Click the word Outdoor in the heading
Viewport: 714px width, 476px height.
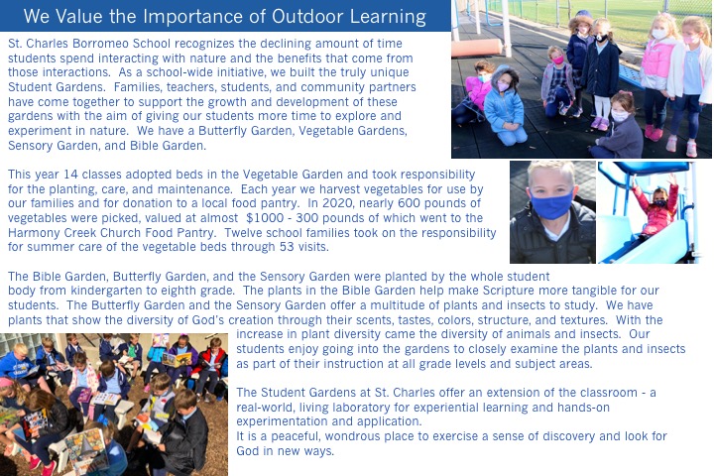click(x=306, y=17)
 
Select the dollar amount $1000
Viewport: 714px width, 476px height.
click(x=262, y=218)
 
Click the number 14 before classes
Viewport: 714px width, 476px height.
click(x=71, y=175)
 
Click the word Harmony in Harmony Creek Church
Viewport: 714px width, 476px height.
click(x=34, y=232)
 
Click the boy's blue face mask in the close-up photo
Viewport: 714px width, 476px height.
click(x=551, y=205)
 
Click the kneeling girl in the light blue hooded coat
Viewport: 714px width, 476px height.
click(x=504, y=107)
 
